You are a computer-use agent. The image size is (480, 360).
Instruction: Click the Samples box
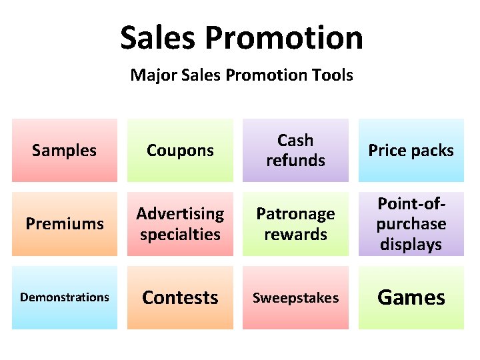pos(64,151)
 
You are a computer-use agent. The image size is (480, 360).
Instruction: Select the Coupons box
pos(180,151)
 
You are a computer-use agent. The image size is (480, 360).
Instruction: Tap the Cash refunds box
pos(295,151)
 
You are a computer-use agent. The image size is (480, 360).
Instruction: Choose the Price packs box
pos(411,151)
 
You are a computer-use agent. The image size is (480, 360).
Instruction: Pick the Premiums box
pos(64,224)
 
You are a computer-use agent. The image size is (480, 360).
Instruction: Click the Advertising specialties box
pos(180,224)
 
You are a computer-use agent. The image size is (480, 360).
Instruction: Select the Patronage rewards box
pos(295,224)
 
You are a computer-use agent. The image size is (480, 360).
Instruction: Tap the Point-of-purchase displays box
pos(411,224)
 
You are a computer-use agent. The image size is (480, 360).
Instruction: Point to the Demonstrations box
pos(64,297)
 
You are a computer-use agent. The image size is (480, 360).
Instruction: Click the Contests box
pos(180,297)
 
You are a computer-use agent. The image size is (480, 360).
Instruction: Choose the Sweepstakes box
pos(295,297)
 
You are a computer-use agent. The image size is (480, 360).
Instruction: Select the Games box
pos(411,297)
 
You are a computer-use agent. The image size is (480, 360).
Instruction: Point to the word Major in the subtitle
pos(151,75)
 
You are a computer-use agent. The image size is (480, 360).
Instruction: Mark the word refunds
pos(295,161)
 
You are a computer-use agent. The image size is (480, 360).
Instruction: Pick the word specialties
pos(180,235)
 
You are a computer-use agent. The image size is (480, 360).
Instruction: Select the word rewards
pos(295,235)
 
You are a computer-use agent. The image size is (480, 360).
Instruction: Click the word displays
pos(411,245)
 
